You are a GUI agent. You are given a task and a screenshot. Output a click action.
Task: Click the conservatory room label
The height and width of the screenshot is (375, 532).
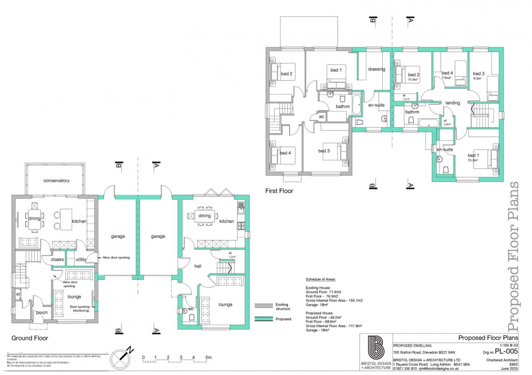coord(56,180)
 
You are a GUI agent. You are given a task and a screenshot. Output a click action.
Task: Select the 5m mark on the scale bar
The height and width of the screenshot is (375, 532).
coord(208,358)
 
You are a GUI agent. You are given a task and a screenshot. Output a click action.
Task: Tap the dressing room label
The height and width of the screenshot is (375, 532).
coord(377,69)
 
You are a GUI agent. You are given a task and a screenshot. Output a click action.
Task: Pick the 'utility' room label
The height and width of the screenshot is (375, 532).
coord(81,259)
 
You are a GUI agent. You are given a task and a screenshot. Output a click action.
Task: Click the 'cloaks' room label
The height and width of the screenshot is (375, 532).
coord(57,259)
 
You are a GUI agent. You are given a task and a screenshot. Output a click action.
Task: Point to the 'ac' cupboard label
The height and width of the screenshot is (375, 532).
coord(322,116)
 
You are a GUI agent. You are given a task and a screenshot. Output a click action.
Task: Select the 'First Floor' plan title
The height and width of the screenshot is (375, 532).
coord(279,191)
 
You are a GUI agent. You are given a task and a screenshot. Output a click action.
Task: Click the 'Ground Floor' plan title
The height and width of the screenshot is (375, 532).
coord(29,338)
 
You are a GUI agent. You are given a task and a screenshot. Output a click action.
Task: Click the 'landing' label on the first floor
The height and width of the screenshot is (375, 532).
coord(453,103)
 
